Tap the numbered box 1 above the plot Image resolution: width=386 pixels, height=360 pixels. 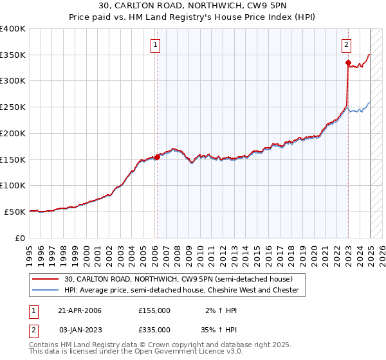pyautogui.click(x=156, y=44)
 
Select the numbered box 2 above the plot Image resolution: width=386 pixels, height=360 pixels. pyautogui.click(x=346, y=44)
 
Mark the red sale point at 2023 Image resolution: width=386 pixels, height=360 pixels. pyautogui.click(x=348, y=62)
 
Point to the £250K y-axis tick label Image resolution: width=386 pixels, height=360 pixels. pyautogui.click(x=13, y=107)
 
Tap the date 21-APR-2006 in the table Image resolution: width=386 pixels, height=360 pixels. pyautogui.click(x=80, y=310)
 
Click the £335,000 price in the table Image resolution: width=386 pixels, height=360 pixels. pyautogui.click(x=154, y=329)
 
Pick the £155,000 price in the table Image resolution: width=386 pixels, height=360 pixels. pyautogui.click(x=154, y=310)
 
